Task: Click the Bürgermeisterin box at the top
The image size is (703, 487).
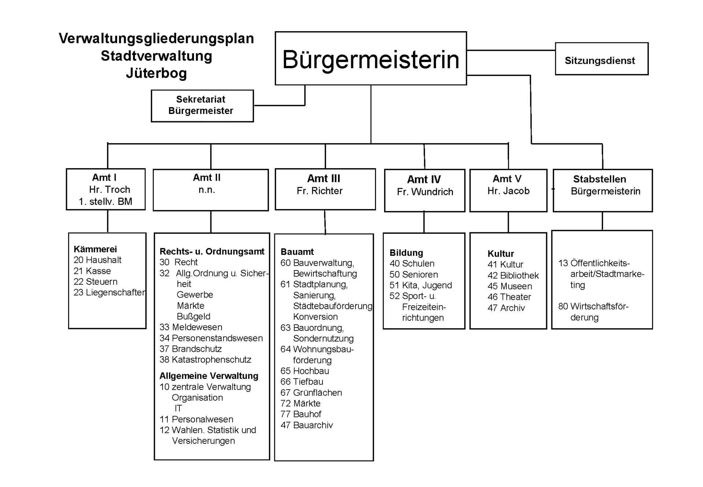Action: click(371, 59)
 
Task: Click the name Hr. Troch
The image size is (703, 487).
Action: click(109, 189)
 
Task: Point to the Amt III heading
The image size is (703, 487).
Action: click(324, 178)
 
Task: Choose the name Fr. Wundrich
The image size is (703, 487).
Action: click(425, 192)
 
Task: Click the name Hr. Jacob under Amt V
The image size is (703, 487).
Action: click(508, 191)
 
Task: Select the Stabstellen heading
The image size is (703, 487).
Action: click(599, 179)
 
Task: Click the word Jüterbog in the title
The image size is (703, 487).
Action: click(156, 73)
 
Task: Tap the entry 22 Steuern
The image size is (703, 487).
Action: click(96, 281)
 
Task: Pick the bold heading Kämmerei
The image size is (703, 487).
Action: click(95, 249)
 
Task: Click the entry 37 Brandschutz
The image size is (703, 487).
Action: click(190, 349)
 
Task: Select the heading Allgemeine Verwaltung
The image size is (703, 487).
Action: click(209, 376)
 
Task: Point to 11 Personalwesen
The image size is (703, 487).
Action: click(196, 419)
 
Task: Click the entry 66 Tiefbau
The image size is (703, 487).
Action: click(302, 382)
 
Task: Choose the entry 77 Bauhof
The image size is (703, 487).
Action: click(301, 414)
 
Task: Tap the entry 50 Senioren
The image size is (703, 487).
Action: click(414, 274)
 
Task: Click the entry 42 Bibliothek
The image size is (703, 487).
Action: click(513, 276)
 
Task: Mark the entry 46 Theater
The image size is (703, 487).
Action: click(509, 297)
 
